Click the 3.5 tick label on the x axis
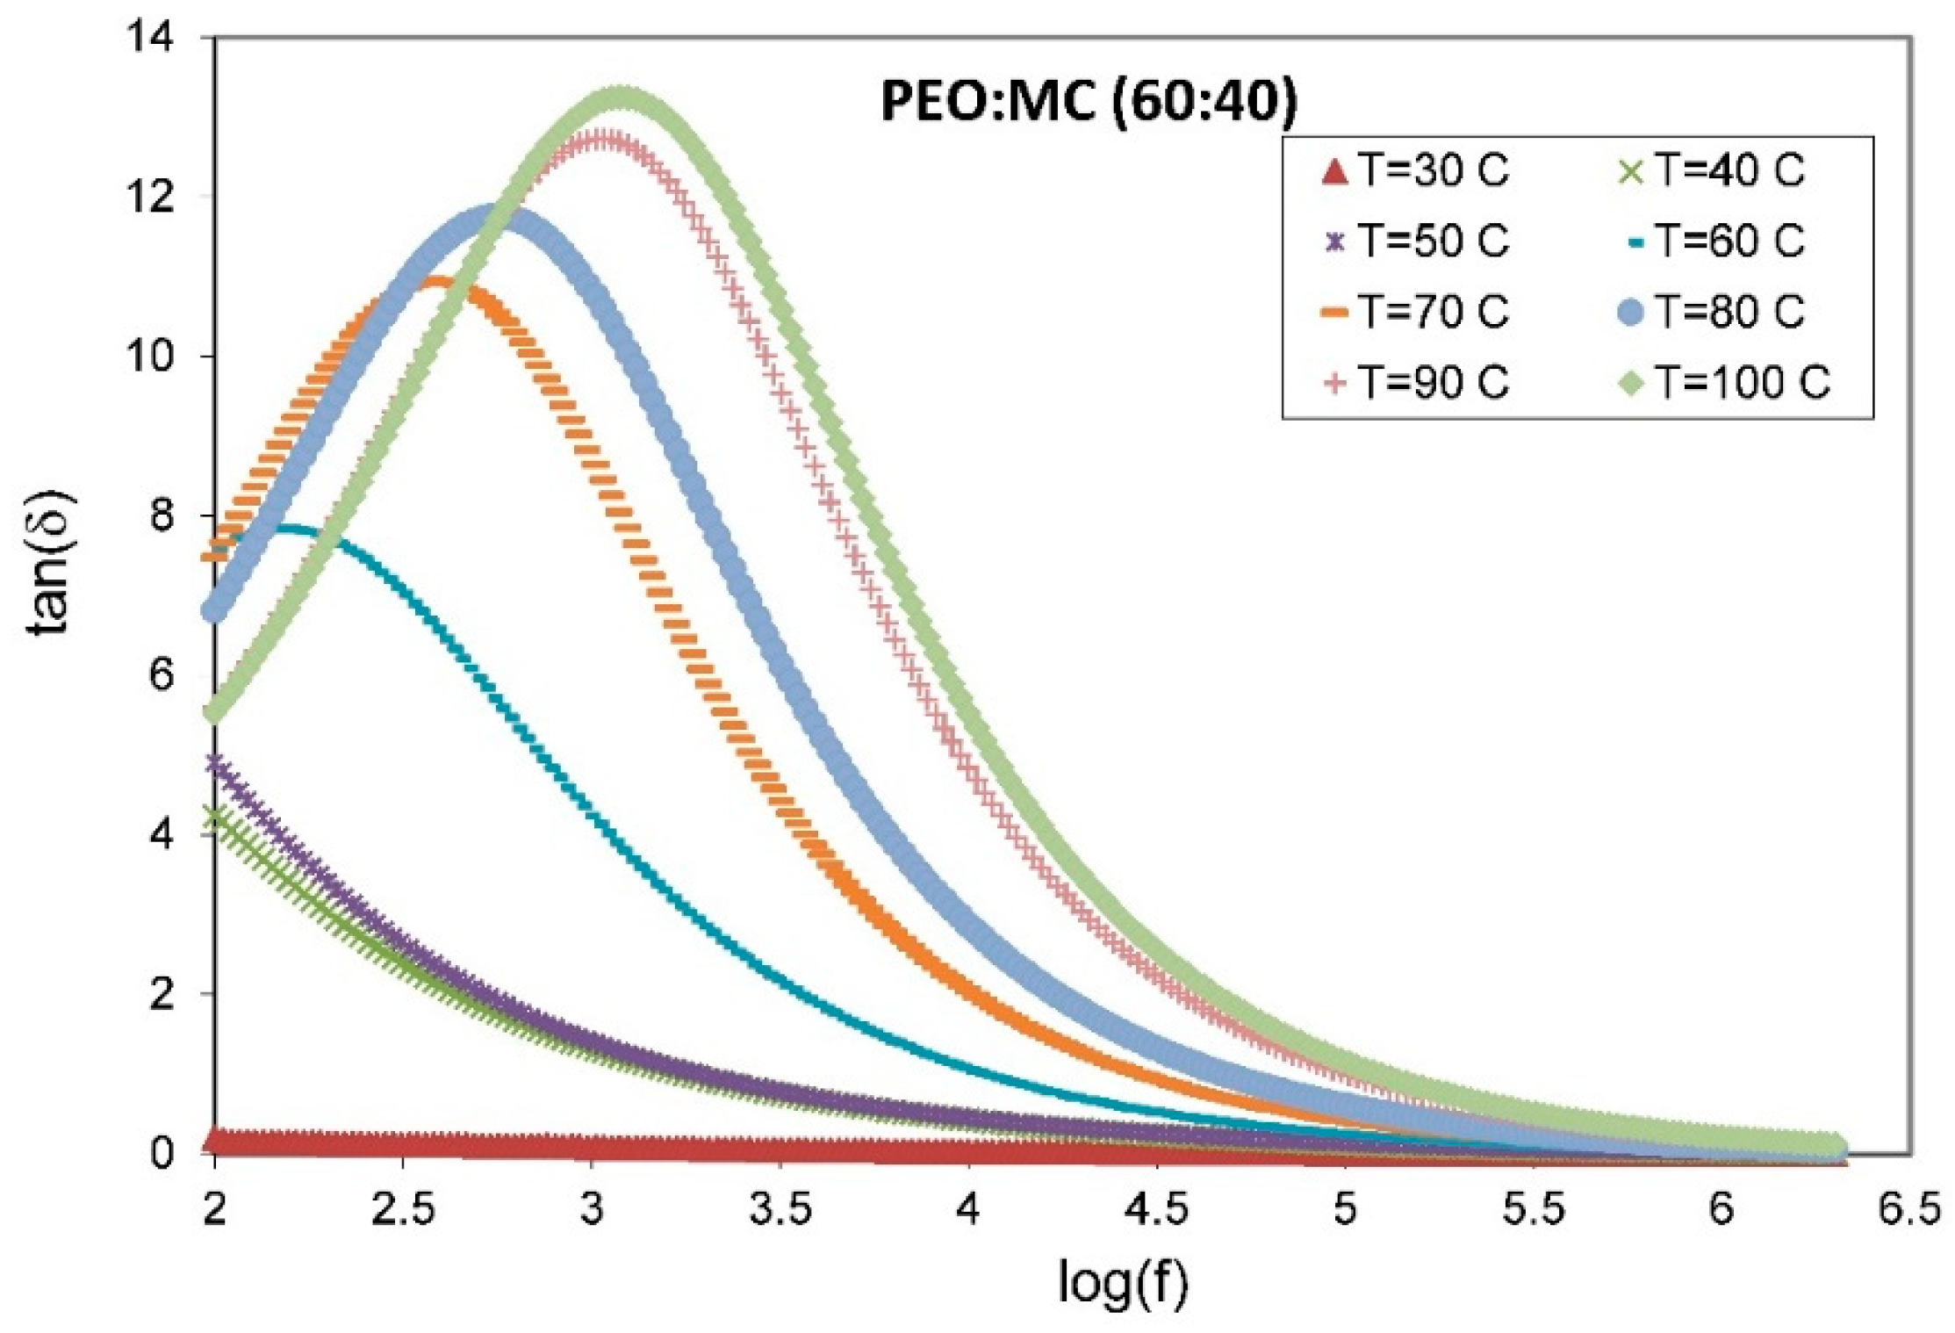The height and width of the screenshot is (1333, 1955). [x=780, y=1210]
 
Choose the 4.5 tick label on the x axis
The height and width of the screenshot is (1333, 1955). [x=1156, y=1210]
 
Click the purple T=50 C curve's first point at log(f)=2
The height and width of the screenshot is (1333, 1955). [x=216, y=763]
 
